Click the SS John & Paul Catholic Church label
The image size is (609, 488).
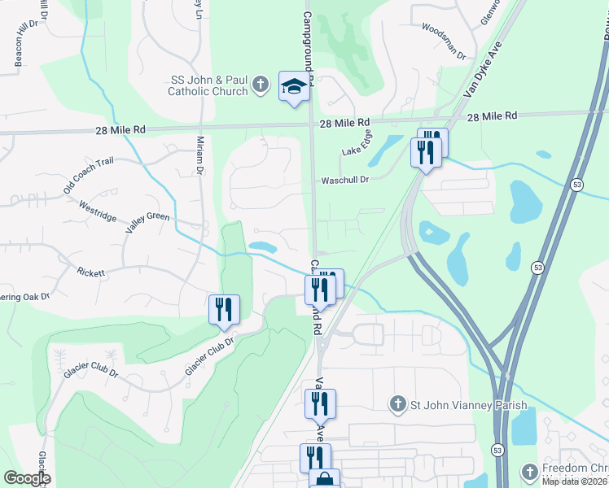tap(208, 85)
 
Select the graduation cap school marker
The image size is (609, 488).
tap(294, 88)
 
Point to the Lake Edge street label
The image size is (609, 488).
tap(357, 143)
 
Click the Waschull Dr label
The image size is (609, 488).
tap(345, 180)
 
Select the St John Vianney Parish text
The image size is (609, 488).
tap(468, 404)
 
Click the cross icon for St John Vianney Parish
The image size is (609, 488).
tap(397, 403)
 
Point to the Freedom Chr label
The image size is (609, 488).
tap(574, 469)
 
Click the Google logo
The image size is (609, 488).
tap(27, 478)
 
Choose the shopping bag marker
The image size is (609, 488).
tap(324, 481)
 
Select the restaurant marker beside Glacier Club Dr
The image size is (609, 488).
tap(223, 309)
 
